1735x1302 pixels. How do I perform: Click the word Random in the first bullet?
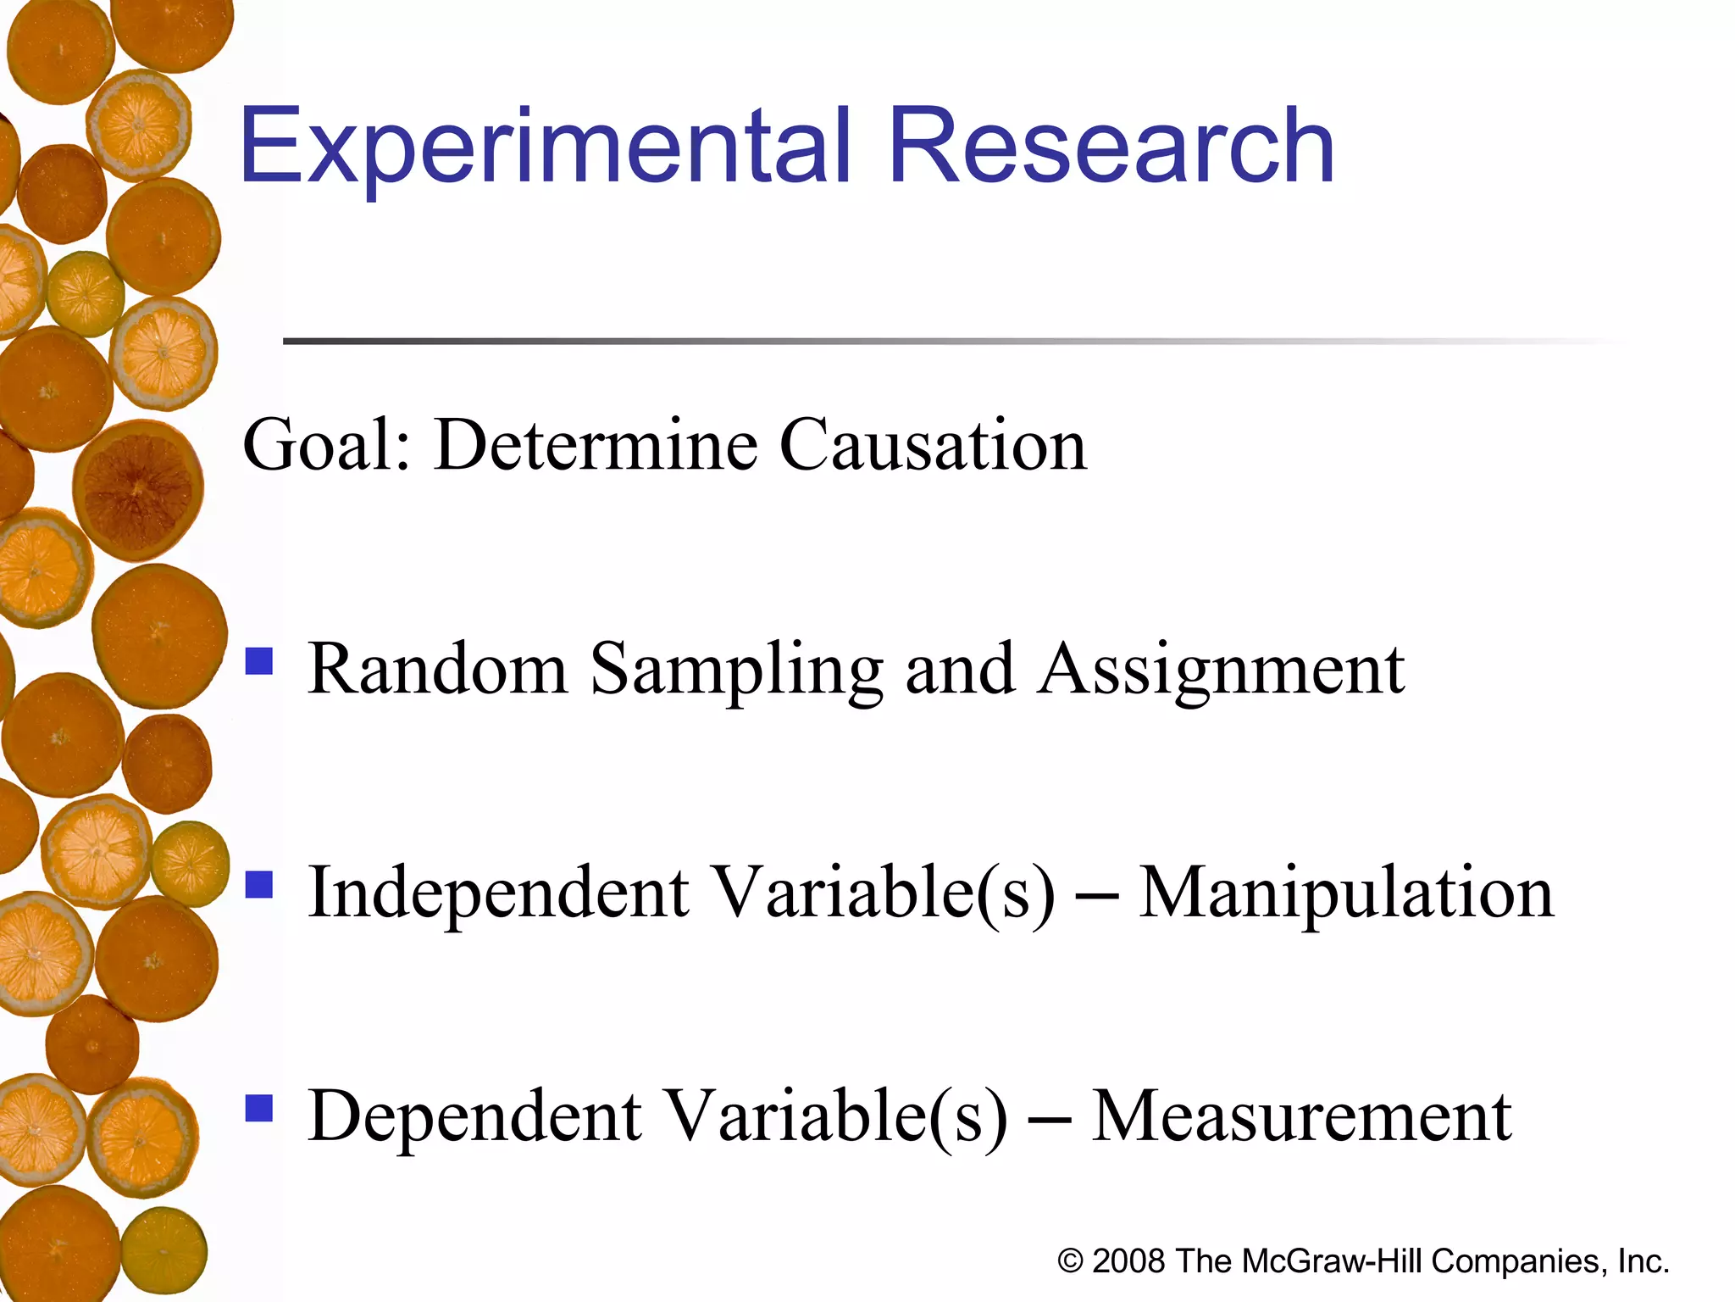coord(437,670)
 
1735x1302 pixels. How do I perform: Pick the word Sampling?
coord(736,670)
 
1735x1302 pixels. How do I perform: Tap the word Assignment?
coord(1222,670)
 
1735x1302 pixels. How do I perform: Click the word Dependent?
coord(475,1116)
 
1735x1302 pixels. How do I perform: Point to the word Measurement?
coord(1301,1116)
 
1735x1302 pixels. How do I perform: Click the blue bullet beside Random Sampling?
coord(259,661)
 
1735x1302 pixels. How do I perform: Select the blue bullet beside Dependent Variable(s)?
coord(259,1108)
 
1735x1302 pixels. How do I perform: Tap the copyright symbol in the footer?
coord(1070,1261)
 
